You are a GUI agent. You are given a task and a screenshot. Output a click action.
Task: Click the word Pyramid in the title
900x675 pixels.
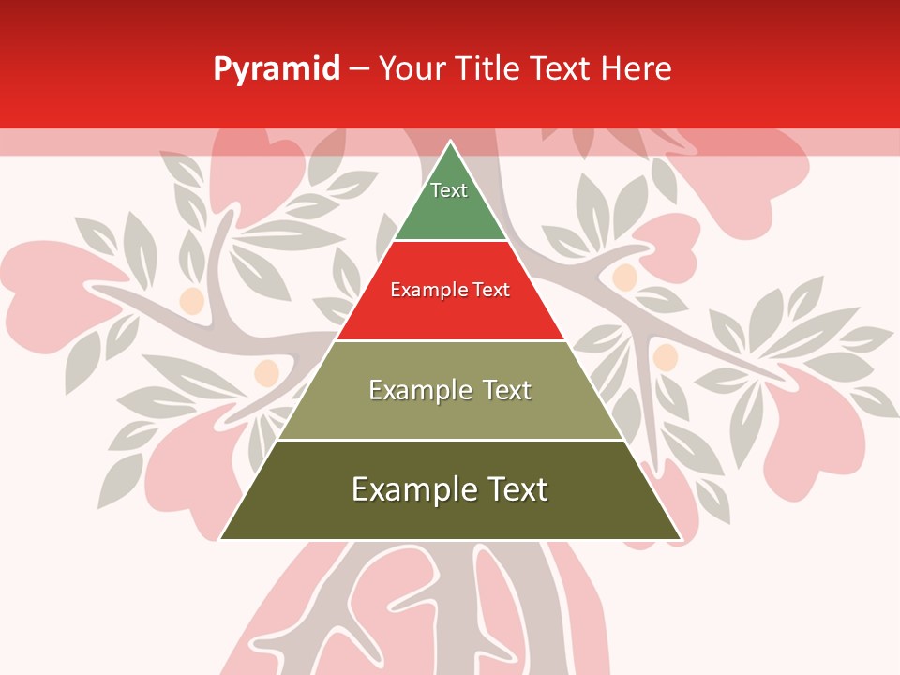point(277,69)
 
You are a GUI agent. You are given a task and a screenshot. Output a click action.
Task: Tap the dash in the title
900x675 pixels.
point(359,69)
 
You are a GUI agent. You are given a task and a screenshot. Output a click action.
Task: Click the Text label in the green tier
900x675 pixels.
point(449,190)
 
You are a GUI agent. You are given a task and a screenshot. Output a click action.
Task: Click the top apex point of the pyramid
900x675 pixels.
point(451,142)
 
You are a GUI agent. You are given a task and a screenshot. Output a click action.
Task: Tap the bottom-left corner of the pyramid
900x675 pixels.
point(221,539)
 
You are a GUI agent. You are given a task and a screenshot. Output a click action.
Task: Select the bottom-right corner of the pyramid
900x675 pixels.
point(681,539)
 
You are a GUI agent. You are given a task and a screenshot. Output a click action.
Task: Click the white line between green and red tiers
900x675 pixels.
point(451,241)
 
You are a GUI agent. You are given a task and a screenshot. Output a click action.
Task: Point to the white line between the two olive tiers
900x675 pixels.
point(451,440)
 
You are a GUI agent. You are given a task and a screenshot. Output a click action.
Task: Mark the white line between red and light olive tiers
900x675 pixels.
point(451,340)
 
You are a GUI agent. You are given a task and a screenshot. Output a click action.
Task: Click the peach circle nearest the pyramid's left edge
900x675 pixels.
point(266,372)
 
